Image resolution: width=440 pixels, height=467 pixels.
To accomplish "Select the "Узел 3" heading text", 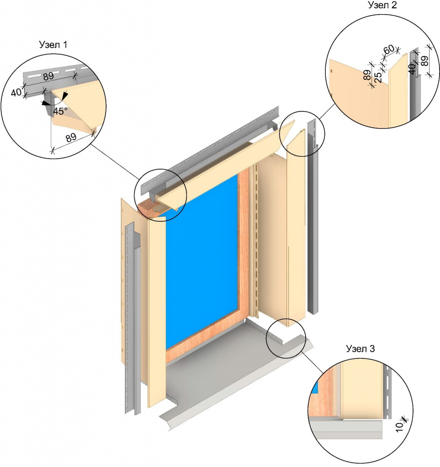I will [x=360, y=349].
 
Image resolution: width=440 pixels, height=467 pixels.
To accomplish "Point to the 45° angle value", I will [x=60, y=111].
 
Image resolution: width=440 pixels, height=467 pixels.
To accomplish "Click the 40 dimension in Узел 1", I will [x=16, y=92].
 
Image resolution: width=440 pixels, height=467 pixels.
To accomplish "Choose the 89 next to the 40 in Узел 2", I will [x=424, y=61].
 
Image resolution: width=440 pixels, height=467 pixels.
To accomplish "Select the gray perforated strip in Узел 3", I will [x=388, y=392].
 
